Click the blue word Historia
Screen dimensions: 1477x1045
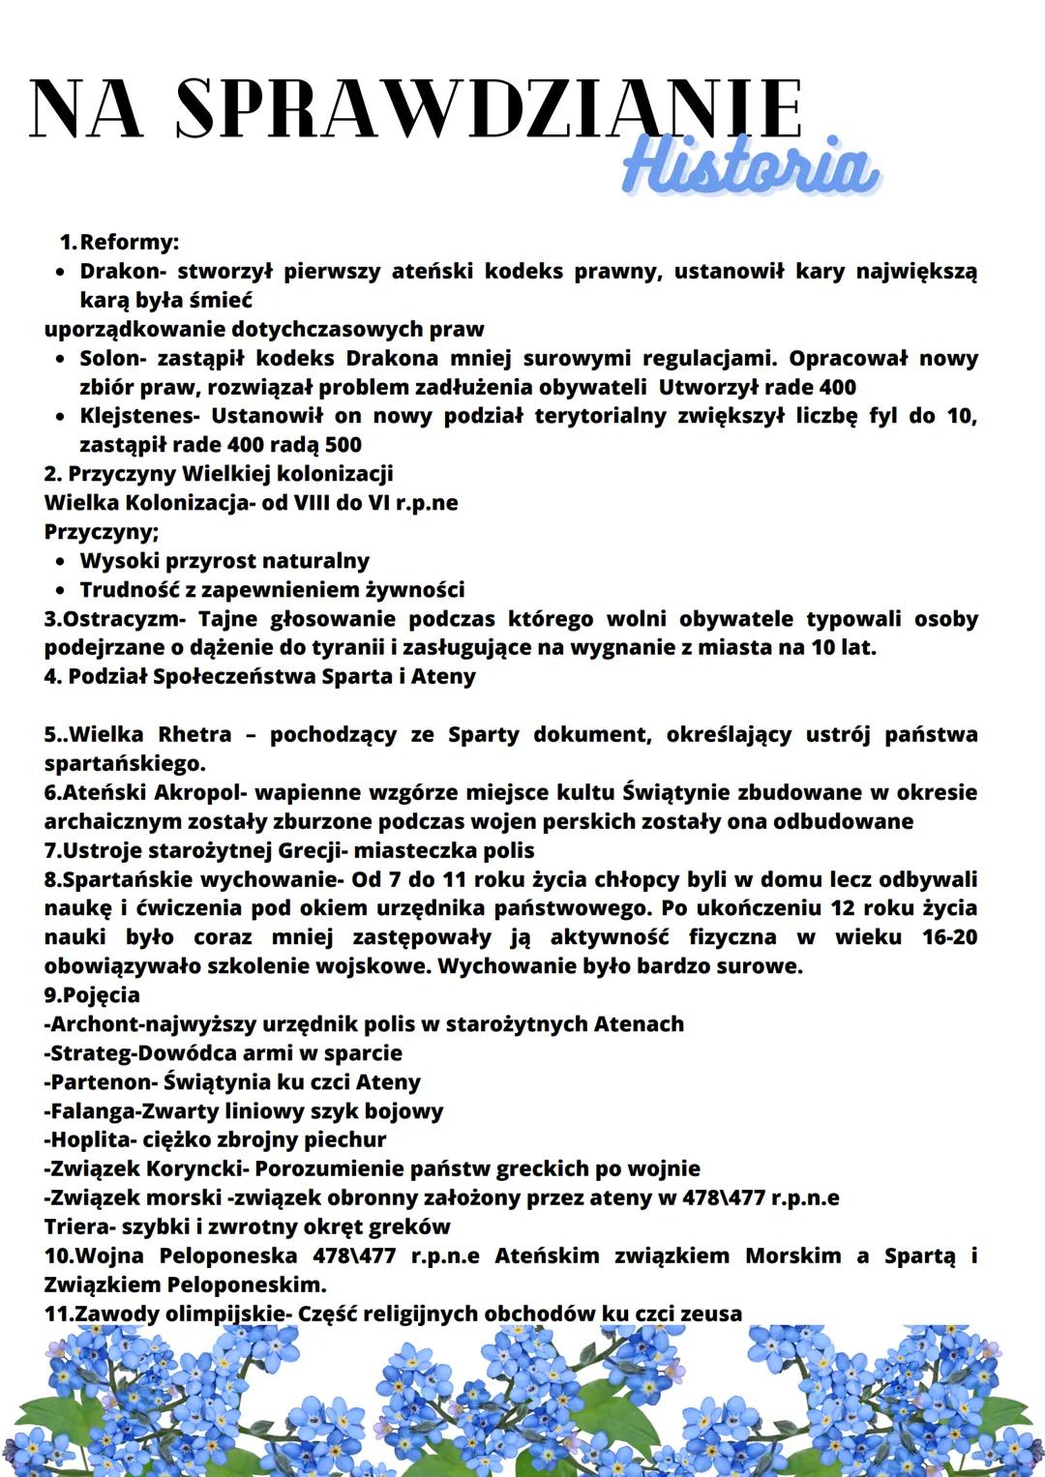[x=751, y=167]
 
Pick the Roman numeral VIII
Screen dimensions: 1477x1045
[x=313, y=503]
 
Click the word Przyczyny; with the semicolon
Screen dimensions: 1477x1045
[x=102, y=532]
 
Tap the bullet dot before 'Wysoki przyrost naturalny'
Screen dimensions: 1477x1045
[x=61, y=562]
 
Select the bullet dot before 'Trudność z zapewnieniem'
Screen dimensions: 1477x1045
[x=61, y=591]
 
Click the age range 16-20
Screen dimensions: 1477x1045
[x=949, y=937]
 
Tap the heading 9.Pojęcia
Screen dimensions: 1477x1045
[x=92, y=995]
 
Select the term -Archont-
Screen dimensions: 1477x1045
[x=88, y=1024]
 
